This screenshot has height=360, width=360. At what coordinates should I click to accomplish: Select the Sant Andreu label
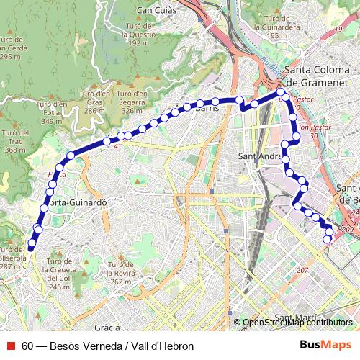click(259, 156)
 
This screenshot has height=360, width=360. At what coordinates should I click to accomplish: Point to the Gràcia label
click(107, 326)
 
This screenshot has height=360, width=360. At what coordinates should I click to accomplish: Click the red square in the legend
click(11, 346)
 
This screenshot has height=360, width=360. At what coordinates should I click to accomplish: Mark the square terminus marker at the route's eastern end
click(328, 239)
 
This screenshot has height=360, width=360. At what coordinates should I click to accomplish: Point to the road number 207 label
click(302, 270)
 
